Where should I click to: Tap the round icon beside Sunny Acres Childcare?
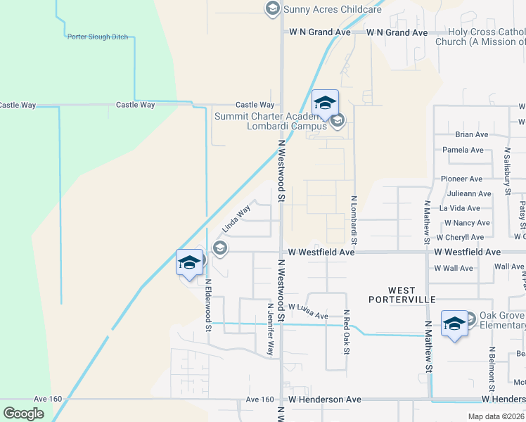[271, 8]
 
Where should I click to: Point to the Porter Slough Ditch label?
[98, 37]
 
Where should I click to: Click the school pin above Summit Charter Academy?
[325, 104]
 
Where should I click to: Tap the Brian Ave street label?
[471, 134]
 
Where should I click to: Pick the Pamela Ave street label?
[463, 150]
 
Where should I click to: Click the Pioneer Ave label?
[461, 179]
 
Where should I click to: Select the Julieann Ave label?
[468, 193]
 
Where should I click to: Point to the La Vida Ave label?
[460, 208]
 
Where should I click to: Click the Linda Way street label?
[236, 219]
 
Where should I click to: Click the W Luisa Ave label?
[308, 312]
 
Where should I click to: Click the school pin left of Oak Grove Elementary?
[454, 324]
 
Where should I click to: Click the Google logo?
[23, 414]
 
